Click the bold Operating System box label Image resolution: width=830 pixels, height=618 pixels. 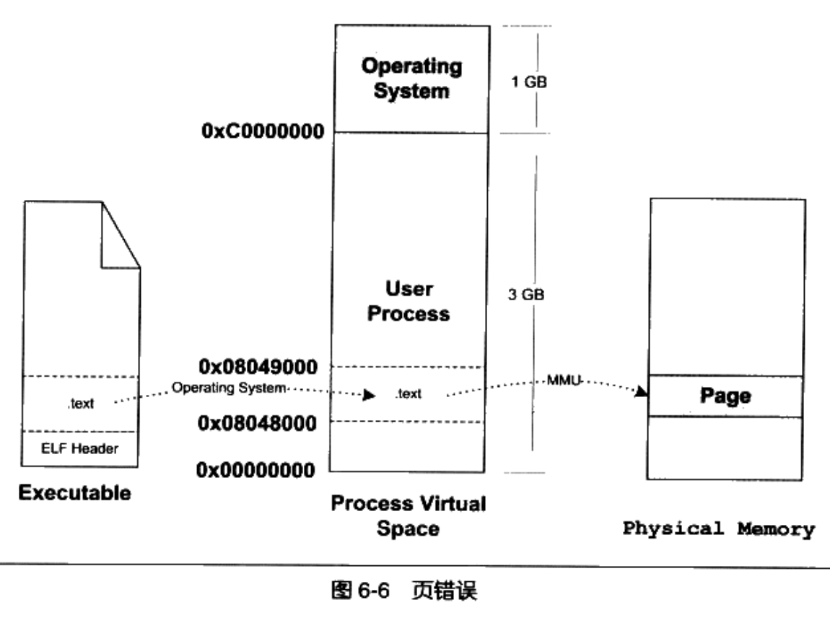click(411, 79)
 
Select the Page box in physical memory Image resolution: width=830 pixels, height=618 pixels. click(725, 396)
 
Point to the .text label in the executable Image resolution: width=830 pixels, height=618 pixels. click(81, 404)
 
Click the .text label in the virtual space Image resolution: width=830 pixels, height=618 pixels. click(409, 394)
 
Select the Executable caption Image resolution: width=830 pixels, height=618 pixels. click(74, 495)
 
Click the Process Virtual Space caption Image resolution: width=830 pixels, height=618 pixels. click(409, 515)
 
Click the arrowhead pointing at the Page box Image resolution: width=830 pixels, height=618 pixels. click(640, 392)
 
